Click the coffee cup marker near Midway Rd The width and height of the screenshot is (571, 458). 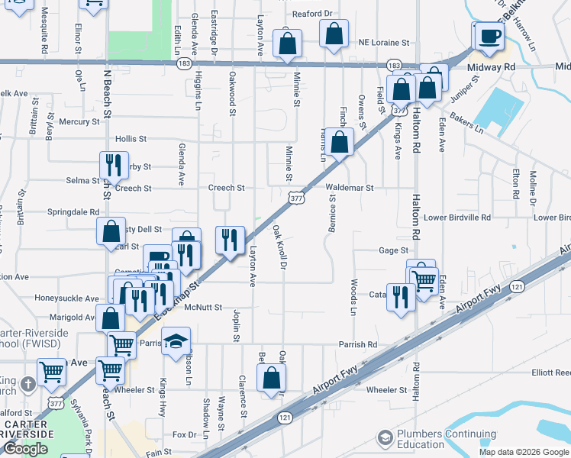[x=489, y=36]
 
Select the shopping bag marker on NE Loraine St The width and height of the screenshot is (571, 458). [x=334, y=34]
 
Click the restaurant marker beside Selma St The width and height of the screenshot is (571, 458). [x=111, y=165]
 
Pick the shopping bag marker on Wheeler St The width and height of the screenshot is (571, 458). [x=271, y=377]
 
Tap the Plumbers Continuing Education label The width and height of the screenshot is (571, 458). [x=431, y=439]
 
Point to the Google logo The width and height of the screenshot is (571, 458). [x=25, y=449]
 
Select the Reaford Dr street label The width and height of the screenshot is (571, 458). [x=313, y=14]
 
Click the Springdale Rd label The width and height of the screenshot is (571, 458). [x=73, y=212]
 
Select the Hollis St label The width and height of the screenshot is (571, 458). [x=130, y=139]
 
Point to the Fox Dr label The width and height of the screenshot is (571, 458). [x=184, y=434]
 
